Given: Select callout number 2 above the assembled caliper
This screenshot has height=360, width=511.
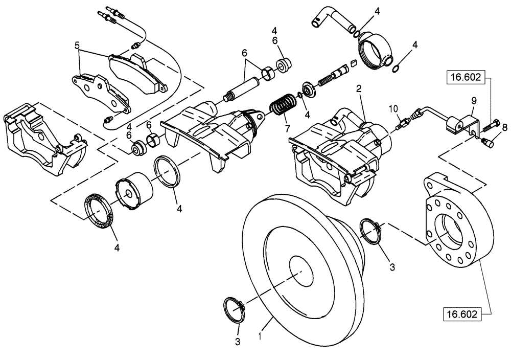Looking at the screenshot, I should (359, 89).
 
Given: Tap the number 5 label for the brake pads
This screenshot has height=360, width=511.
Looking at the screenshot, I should (77, 45).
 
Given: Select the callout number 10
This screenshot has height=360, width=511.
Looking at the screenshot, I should (392, 108).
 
